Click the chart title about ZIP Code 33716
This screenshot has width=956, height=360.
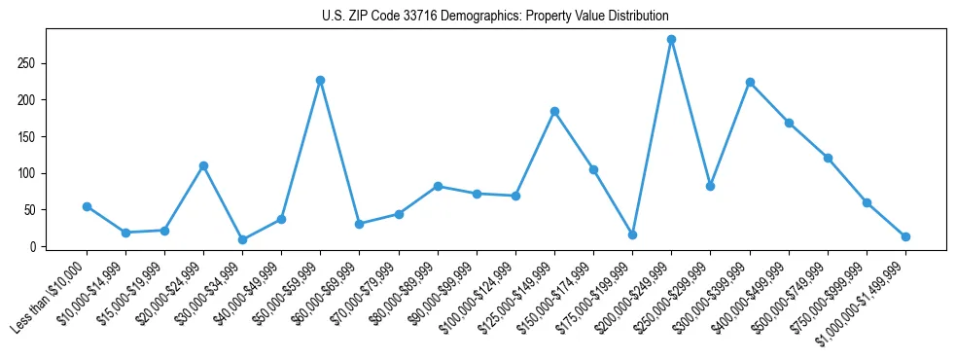pyautogui.click(x=495, y=16)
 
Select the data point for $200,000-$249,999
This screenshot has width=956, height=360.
pyautogui.click(x=671, y=40)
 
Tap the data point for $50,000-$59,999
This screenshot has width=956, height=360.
pyautogui.click(x=320, y=80)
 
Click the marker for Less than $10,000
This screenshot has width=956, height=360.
pyautogui.click(x=87, y=206)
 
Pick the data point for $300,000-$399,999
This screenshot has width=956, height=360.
pyautogui.click(x=750, y=83)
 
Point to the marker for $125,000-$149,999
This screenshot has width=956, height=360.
pyautogui.click(x=554, y=112)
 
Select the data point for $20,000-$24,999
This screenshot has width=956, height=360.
pyautogui.click(x=203, y=165)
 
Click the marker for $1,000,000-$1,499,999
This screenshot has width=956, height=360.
pyautogui.click(x=905, y=236)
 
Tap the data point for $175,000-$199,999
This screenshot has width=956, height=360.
pyautogui.click(x=632, y=234)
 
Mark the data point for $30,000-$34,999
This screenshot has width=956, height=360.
pyautogui.click(x=242, y=239)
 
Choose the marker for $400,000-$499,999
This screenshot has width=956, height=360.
pyautogui.click(x=789, y=123)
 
